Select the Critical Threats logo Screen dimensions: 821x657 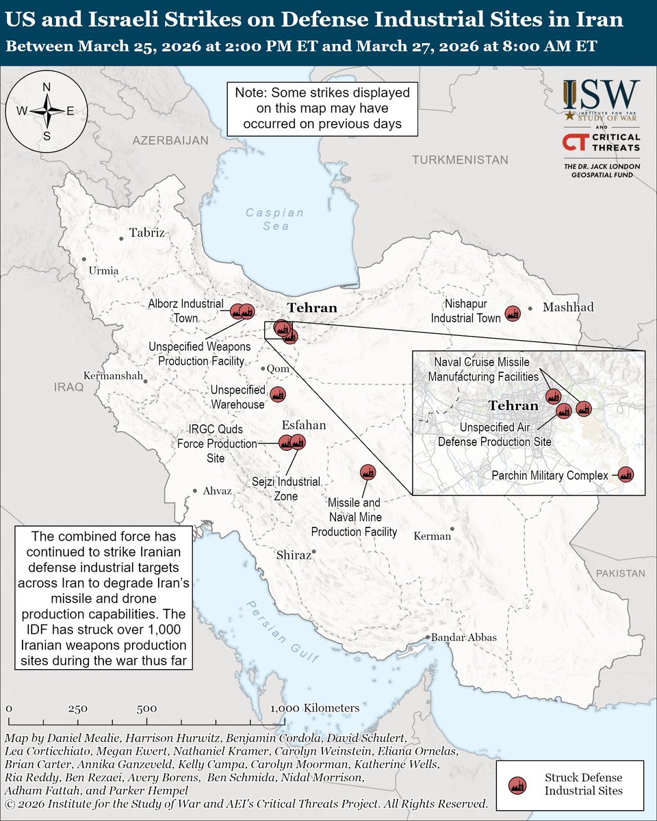coord(602,142)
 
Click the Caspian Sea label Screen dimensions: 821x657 coord(276,219)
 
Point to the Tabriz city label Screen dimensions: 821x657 coord(147,232)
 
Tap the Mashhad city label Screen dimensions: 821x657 coord(568,307)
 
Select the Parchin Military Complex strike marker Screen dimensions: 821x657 coord(625,474)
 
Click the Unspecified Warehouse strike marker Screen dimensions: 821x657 coord(278,395)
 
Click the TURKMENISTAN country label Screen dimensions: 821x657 coord(460,159)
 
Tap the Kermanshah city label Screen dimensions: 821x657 coord(113,376)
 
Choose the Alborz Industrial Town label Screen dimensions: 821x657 coord(186,310)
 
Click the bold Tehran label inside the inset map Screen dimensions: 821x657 coord(513,406)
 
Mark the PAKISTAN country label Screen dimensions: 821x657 coord(619,573)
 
